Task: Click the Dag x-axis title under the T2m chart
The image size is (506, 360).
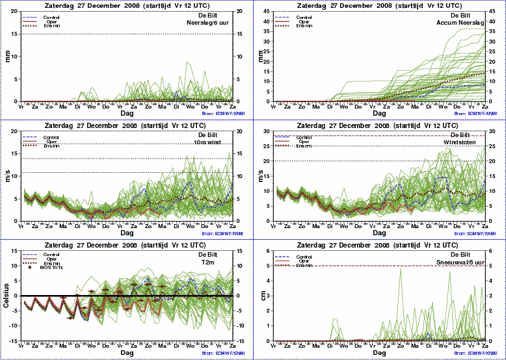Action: click(127, 353)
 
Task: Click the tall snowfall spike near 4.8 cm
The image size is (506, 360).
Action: click(400, 269)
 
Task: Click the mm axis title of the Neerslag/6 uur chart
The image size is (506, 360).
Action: click(8, 57)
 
